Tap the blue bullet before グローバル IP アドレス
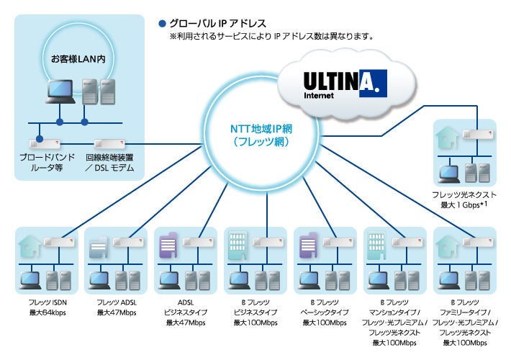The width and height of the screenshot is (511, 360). coord(162,22)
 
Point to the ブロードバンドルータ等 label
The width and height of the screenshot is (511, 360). coord(45,160)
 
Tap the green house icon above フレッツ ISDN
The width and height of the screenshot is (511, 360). coord(29,246)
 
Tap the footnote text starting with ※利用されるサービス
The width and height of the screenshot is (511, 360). coord(271,35)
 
